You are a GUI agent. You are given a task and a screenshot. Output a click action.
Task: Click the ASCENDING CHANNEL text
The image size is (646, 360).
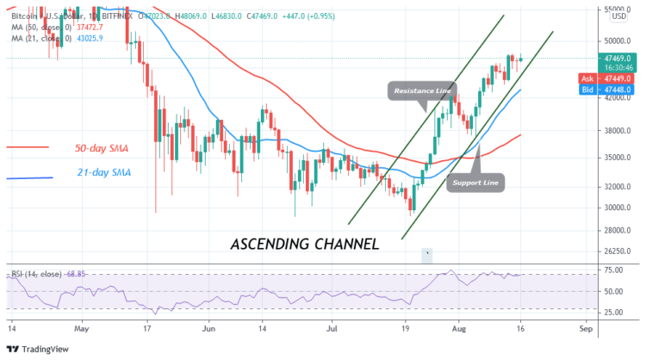[x=305, y=244]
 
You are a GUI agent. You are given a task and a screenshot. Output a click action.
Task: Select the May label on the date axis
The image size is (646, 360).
[x=82, y=328]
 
